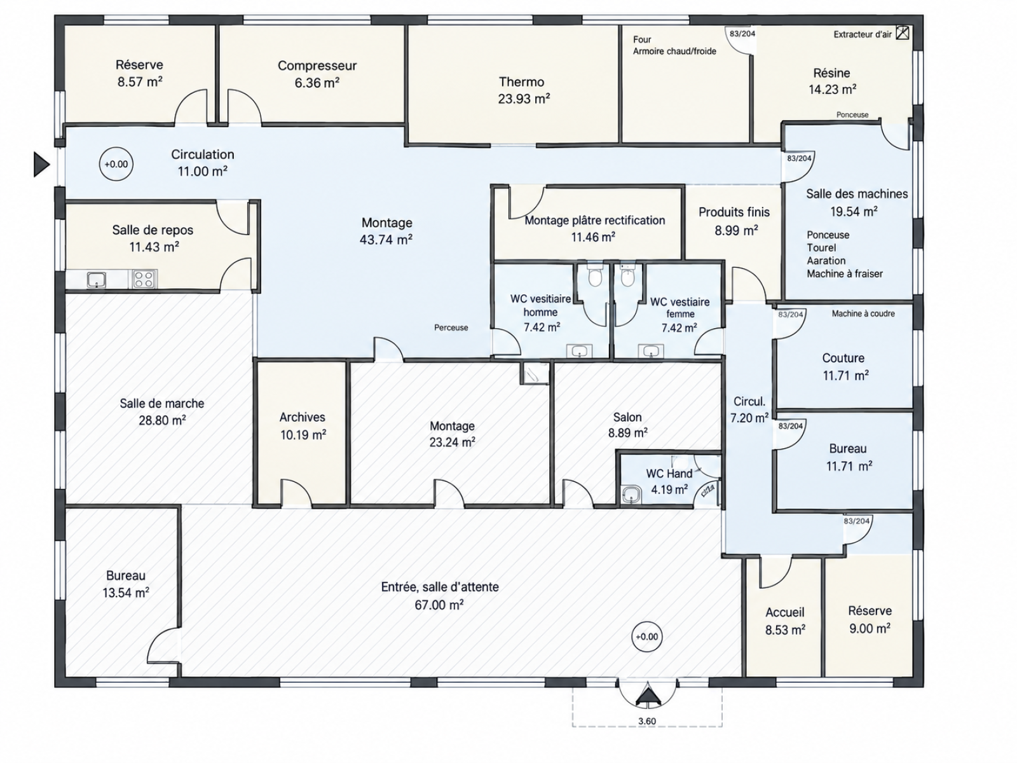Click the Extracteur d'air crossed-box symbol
(x=902, y=33)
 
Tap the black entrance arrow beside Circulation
(x=41, y=164)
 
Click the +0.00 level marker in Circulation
(x=116, y=164)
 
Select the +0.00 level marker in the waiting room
(x=647, y=636)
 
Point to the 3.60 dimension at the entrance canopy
(x=647, y=721)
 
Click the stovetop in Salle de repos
(x=144, y=279)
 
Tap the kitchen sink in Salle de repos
(x=97, y=280)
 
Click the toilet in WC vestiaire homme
(x=594, y=275)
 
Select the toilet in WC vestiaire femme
(x=627, y=275)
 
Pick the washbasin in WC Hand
(x=631, y=495)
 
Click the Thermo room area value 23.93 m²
(x=524, y=99)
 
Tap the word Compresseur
(x=317, y=65)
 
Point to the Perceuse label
(x=451, y=327)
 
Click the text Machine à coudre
(x=863, y=313)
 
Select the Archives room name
(x=302, y=417)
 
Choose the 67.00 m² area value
(x=439, y=605)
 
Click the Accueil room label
(x=785, y=612)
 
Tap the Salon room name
(x=627, y=417)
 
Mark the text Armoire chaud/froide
(x=674, y=52)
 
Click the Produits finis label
(x=734, y=212)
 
